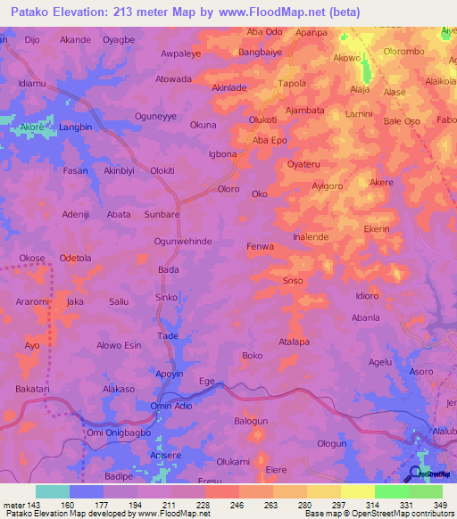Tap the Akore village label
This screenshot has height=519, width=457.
click(x=31, y=128)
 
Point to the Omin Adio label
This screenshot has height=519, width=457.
click(x=171, y=406)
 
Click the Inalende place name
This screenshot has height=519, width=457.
click(x=312, y=237)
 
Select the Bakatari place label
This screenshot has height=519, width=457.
click(x=31, y=390)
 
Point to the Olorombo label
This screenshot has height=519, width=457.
click(x=404, y=52)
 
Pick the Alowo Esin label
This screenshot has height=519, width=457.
click(x=119, y=345)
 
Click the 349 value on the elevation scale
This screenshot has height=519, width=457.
click(x=438, y=505)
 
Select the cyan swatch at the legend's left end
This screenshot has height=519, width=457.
click(x=52, y=491)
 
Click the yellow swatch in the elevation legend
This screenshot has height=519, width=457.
click(x=357, y=491)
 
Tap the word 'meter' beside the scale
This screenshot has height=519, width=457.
click(x=15, y=505)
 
